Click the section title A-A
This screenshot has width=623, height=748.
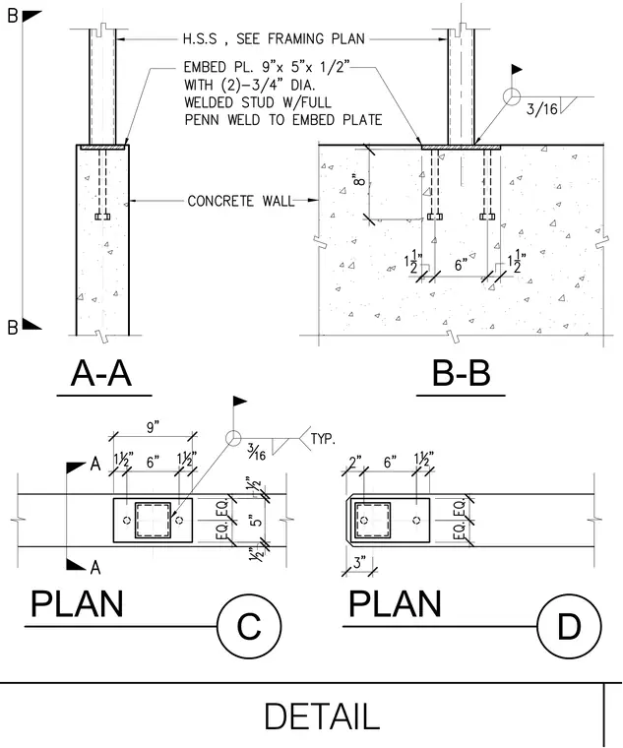point(101,373)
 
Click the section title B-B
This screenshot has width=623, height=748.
point(461,373)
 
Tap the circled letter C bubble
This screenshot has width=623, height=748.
point(249,626)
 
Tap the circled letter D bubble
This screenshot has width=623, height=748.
point(569,626)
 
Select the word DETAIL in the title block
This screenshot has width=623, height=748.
point(322,716)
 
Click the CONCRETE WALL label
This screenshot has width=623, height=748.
point(241,201)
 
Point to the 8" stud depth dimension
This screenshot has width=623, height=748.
point(359,180)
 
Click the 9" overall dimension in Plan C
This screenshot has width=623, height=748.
point(153,427)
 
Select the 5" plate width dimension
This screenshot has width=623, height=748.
point(257,520)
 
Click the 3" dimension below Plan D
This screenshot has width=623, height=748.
point(359,562)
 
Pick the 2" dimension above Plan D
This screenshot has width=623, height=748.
point(355,463)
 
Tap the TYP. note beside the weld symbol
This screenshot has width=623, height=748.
point(323,438)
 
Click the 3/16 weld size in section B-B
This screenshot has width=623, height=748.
point(541,109)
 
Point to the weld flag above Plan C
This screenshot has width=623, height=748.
point(239,402)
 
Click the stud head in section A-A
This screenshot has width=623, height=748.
point(102,217)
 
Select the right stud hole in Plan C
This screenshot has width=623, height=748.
point(179,520)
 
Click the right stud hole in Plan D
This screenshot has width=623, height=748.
point(416,520)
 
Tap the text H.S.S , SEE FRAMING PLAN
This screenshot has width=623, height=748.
point(274,38)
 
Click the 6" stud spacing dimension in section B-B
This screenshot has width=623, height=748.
point(461,265)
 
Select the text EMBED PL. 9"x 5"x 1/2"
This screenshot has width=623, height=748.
point(267,67)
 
